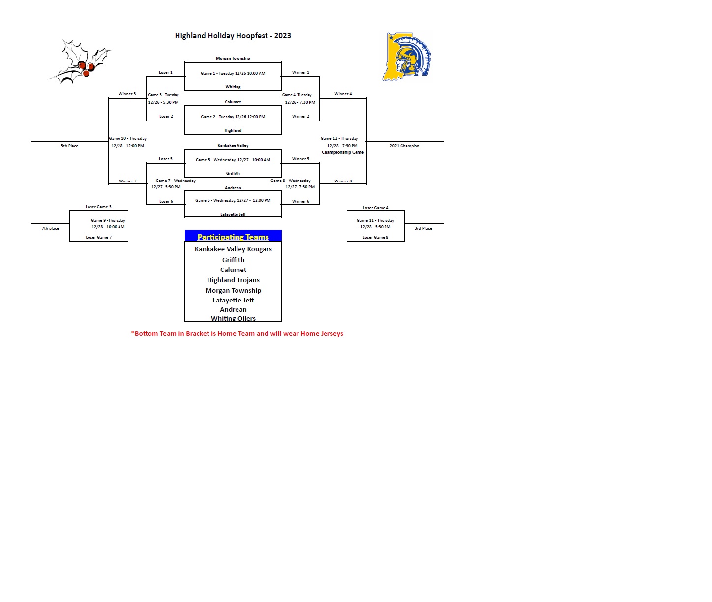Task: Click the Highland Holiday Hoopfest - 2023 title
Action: click(x=233, y=36)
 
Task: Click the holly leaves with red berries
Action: click(x=81, y=62)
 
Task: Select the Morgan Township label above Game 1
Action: click(x=233, y=58)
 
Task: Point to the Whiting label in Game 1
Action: click(x=233, y=87)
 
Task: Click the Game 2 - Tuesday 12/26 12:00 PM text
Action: click(x=233, y=117)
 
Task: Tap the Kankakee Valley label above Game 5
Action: click(x=233, y=145)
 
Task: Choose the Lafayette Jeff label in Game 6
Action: click(x=233, y=214)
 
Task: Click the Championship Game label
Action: click(x=343, y=152)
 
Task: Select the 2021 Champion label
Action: click(x=404, y=146)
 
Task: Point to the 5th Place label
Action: click(x=69, y=146)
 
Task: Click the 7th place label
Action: click(x=50, y=228)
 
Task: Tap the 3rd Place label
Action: click(x=423, y=228)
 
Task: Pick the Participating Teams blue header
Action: click(x=233, y=237)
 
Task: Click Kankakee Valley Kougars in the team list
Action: click(x=233, y=249)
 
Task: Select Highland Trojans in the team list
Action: click(x=233, y=280)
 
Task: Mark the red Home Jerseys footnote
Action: click(x=237, y=333)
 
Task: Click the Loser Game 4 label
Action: click(x=375, y=208)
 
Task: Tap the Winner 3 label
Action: click(x=127, y=94)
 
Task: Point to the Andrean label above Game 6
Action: click(x=233, y=188)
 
